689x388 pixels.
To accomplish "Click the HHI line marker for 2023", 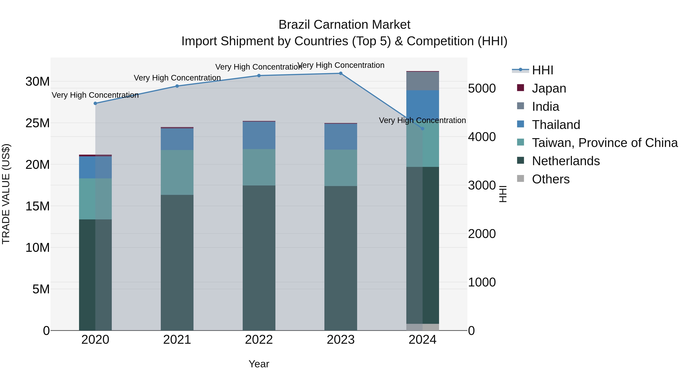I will [x=340, y=73].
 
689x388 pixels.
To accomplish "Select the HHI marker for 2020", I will [x=95, y=103].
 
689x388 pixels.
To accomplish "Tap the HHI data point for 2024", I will [x=422, y=129].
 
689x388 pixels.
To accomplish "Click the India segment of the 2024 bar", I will [x=422, y=81].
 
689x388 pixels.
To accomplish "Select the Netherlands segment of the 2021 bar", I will [x=177, y=262].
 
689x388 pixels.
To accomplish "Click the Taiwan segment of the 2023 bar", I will [x=340, y=168].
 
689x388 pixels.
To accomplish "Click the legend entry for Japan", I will [x=549, y=88].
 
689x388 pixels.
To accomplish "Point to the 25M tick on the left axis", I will [x=38, y=123].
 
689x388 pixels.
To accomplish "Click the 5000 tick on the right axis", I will [x=482, y=88].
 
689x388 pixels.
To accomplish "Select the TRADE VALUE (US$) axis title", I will [x=6, y=194].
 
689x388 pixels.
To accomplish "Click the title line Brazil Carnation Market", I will [x=344, y=25].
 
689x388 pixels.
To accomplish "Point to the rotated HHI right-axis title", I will [x=503, y=194].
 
